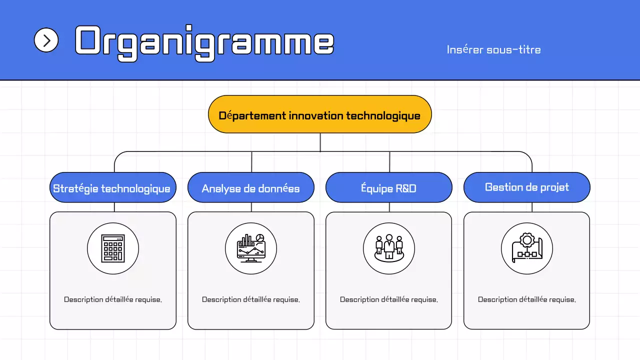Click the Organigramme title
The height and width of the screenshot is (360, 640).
click(x=204, y=42)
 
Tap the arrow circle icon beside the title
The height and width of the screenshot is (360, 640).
click(x=46, y=40)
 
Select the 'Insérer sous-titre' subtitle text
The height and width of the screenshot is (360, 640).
click(x=493, y=50)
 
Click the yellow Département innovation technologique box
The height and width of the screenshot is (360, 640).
click(x=319, y=114)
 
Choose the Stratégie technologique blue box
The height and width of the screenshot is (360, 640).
click(x=112, y=188)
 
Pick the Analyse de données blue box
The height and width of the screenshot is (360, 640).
click(x=250, y=188)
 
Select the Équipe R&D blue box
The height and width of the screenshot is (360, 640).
click(x=388, y=188)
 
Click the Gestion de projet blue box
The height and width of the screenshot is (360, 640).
click(x=526, y=187)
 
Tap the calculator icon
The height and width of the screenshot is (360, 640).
click(x=112, y=248)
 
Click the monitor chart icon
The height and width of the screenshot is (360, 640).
click(x=250, y=248)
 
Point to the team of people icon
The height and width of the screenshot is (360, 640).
click(x=388, y=248)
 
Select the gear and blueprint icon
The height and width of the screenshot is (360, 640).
click(x=526, y=248)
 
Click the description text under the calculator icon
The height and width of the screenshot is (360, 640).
click(x=112, y=299)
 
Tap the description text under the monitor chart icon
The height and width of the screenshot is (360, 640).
click(x=250, y=299)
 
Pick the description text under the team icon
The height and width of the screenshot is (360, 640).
click(x=388, y=299)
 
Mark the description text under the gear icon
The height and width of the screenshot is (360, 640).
click(x=526, y=299)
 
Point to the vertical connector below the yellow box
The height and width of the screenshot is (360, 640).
click(x=320, y=142)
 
